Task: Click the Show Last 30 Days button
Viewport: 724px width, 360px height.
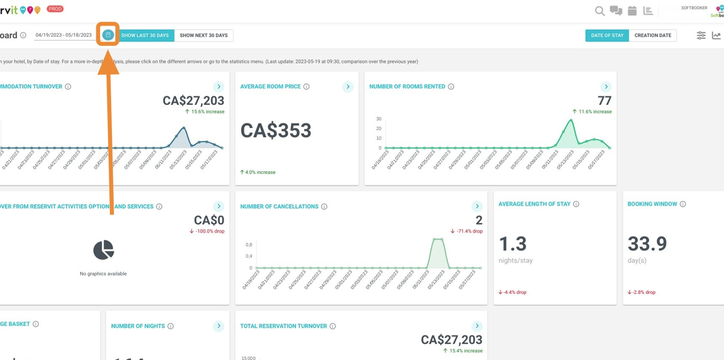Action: pos(145,36)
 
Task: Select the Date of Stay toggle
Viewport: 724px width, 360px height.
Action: pos(607,36)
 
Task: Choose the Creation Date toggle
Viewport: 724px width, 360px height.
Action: pos(652,36)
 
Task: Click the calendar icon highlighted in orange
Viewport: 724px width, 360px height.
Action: pos(108,35)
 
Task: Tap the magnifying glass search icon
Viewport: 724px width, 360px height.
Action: pos(600,11)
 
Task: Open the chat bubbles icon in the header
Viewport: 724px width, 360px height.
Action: pos(616,11)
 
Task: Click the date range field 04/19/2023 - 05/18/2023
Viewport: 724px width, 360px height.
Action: pos(63,36)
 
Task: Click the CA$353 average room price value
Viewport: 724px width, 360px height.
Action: pos(276,131)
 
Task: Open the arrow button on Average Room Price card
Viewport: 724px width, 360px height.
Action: pos(348,87)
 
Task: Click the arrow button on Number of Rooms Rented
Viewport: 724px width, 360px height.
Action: pos(606,87)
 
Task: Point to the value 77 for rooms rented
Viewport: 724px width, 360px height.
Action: pos(604,101)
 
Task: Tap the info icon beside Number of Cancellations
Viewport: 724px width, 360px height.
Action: pos(325,207)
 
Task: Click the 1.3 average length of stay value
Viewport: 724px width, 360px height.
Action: pos(513,244)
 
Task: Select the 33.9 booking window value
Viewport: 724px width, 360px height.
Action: pos(647,244)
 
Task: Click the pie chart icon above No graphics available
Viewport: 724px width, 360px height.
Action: pos(103,249)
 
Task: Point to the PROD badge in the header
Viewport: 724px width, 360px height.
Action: pos(55,9)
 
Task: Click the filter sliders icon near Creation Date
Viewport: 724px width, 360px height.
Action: pos(701,36)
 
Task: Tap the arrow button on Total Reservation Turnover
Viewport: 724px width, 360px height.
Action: pos(477,326)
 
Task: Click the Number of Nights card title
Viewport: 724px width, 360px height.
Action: pos(138,326)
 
